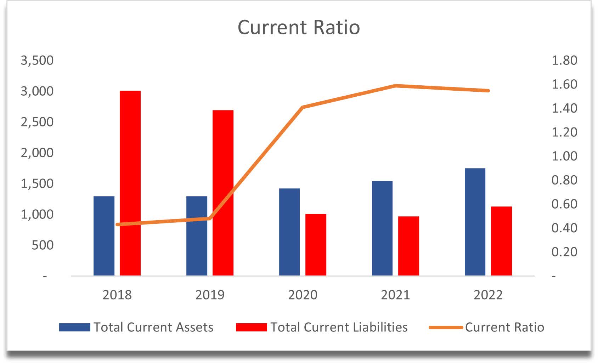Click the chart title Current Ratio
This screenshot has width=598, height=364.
coord(299,27)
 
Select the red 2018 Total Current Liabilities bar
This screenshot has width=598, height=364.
coord(130,183)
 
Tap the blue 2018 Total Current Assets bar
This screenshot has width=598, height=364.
coord(104,236)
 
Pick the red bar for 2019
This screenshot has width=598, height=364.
coord(223,193)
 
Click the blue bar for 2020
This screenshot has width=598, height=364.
coord(289,232)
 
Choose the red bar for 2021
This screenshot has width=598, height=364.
coord(408,246)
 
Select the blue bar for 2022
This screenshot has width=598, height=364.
coord(475,222)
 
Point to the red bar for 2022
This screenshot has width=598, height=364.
coord(501,241)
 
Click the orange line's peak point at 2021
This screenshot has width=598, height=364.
coord(396,86)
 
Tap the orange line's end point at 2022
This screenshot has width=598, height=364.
coord(488,91)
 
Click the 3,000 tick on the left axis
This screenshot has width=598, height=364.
coord(37,91)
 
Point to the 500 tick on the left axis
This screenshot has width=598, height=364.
coord(43,245)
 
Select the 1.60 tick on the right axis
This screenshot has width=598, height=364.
coord(564,84)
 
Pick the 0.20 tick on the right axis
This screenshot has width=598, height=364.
coord(564,252)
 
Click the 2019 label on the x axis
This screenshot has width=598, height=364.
coord(210,295)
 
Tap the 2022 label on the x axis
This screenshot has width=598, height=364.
coord(488,295)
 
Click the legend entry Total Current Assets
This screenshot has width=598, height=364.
coord(153,327)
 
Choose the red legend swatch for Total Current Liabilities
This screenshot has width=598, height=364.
coord(251,327)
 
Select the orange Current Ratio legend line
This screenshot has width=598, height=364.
coord(446,327)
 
